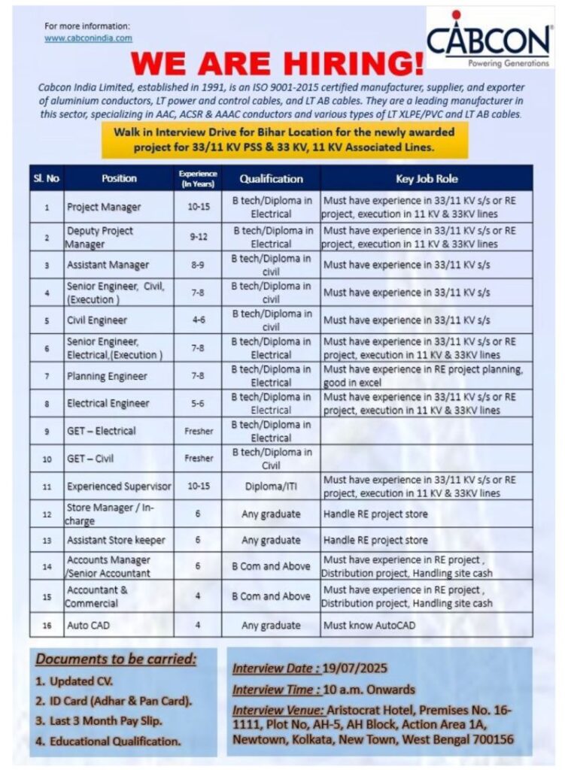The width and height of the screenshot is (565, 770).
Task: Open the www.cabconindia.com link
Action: click(x=88, y=38)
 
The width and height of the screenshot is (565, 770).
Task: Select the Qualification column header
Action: click(x=271, y=179)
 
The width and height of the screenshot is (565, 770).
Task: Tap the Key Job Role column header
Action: click(x=427, y=179)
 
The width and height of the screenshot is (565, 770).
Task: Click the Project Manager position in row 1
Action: click(x=104, y=207)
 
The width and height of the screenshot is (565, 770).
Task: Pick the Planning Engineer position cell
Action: click(x=107, y=376)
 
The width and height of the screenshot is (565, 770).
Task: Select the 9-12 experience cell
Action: click(x=199, y=237)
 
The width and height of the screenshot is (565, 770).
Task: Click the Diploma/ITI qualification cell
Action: click(x=271, y=486)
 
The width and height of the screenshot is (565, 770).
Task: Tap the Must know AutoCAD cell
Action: click(x=369, y=625)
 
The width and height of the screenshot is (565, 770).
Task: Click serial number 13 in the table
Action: click(x=47, y=541)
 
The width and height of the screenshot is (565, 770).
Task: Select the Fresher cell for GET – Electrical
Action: click(x=199, y=431)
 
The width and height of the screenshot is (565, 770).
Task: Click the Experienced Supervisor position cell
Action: click(x=119, y=486)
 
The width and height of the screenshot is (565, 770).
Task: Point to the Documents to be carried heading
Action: click(x=117, y=660)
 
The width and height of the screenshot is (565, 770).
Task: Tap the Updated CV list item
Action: click(x=74, y=681)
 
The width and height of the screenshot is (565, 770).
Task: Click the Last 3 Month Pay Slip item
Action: click(x=103, y=721)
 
